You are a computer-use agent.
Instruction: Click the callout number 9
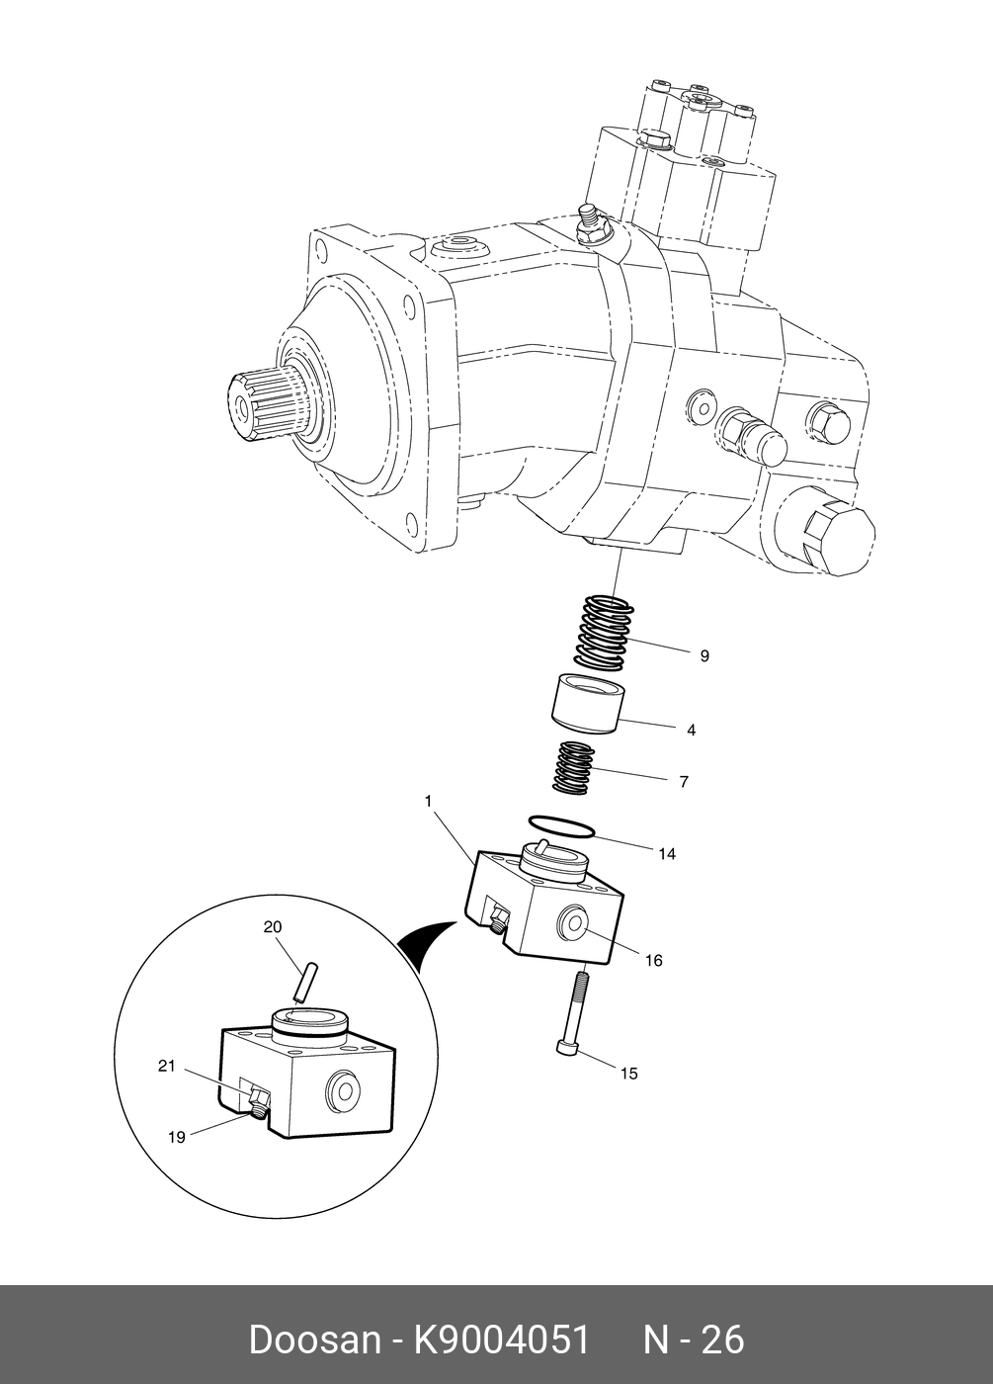pos(704,655)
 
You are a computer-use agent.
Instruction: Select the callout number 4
pos(692,730)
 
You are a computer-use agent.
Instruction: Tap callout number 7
pos(684,781)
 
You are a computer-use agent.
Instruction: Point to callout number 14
pos(667,853)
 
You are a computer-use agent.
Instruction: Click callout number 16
pos(653,960)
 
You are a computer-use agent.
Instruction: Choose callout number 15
pos(628,1073)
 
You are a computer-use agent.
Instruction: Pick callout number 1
pos(428,801)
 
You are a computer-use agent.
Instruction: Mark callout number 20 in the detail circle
pos(273,927)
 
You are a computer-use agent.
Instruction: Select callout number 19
pos(176,1137)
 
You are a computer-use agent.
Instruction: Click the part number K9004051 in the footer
pos(501,1340)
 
